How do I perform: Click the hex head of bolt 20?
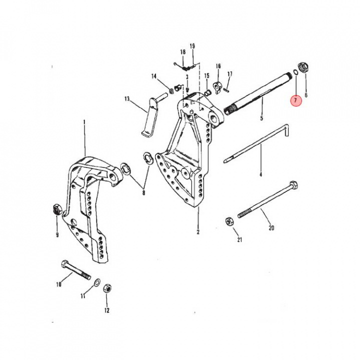(x=293, y=186)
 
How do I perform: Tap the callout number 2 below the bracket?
(x=198, y=232)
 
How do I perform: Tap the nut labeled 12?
(x=106, y=289)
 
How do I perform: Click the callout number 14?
(x=154, y=76)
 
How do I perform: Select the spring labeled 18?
(x=186, y=65)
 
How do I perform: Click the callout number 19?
(x=192, y=46)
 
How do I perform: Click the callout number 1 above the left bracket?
(x=84, y=122)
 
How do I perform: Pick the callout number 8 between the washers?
(x=144, y=192)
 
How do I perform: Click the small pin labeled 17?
(x=226, y=90)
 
